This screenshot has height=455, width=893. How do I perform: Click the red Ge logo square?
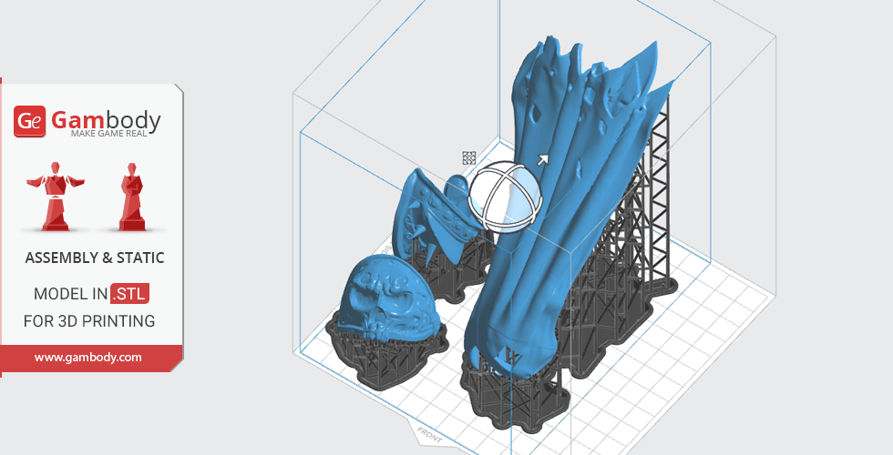29,121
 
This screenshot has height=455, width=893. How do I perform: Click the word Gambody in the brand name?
106,120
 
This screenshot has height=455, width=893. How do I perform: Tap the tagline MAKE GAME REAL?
108,134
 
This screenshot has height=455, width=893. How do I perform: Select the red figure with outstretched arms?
56,197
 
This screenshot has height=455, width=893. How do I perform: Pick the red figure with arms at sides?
132,197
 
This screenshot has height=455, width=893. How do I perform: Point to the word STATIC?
140,258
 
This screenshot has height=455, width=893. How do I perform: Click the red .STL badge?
129,294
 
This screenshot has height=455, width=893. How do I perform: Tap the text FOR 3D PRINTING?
89,321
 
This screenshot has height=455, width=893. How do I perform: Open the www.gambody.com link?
88,358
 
